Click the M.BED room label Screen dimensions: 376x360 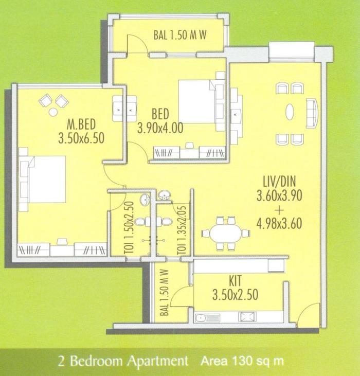coord(82,124)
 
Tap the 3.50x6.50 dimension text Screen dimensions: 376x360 coord(82,138)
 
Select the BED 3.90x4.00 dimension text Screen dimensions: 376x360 coord(160,128)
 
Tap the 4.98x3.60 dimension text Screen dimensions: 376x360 coord(278,223)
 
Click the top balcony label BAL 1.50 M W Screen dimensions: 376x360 coord(179,35)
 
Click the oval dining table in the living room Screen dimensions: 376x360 coord(226,233)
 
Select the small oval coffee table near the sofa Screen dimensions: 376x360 coord(290,112)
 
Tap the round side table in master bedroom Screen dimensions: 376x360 coord(53,112)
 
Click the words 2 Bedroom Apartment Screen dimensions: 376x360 coord(123,361)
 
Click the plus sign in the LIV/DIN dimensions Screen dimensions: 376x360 coord(278,210)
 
